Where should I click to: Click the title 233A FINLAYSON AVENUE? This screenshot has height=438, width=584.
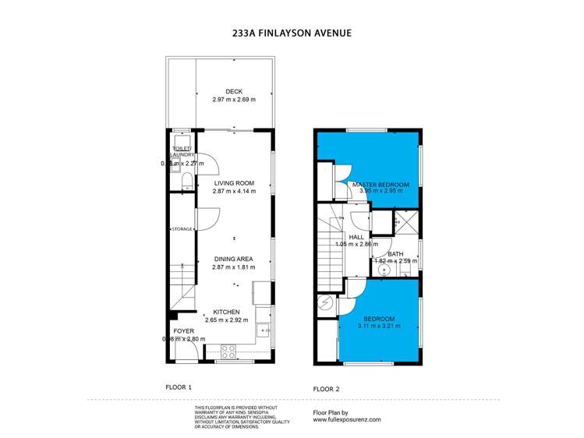[x=292, y=34]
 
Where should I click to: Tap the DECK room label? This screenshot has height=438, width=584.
[x=234, y=92]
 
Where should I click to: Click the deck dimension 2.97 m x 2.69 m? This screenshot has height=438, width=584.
[x=234, y=101]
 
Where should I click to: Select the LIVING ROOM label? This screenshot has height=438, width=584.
[x=234, y=184]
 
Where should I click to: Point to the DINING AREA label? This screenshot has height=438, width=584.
[x=234, y=260]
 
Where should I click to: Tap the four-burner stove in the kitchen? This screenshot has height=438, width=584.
[x=229, y=351]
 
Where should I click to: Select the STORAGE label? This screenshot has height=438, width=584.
[x=182, y=229]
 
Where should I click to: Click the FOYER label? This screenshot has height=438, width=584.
[x=184, y=331]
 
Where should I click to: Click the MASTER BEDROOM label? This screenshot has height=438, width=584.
[x=380, y=185]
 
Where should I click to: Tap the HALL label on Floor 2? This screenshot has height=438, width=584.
[x=356, y=237]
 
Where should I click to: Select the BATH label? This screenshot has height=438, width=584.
[x=395, y=253]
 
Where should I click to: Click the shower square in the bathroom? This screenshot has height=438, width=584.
[x=405, y=221]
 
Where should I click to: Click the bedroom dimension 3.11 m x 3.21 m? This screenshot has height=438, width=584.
[x=379, y=327]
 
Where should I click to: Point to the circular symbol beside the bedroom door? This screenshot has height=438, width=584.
[x=324, y=303]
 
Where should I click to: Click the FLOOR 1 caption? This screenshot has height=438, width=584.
[x=179, y=387]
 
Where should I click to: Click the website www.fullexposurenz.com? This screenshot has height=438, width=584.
[x=347, y=419]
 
